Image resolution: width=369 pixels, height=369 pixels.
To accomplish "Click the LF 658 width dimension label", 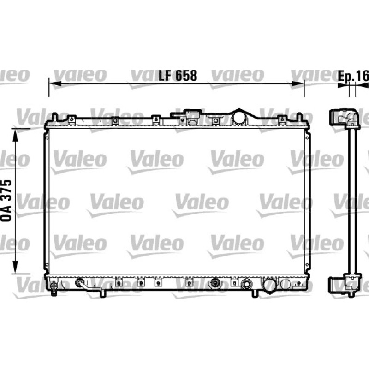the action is tap(178, 76).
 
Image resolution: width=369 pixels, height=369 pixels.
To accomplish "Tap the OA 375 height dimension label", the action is tap(6, 201).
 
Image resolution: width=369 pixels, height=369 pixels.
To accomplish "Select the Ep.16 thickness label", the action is tap(353, 76).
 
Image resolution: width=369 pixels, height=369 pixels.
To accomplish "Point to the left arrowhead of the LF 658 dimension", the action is tap(55, 83).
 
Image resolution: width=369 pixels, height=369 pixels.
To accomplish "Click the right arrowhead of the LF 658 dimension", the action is tap(298, 83).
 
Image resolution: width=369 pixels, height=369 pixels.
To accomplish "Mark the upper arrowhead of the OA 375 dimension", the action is tap(15, 135).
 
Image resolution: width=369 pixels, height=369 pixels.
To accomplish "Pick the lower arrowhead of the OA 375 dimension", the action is tap(15, 268).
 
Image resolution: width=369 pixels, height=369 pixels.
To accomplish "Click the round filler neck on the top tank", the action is tap(239, 118).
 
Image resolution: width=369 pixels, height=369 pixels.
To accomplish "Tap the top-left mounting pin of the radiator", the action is tap(54, 117).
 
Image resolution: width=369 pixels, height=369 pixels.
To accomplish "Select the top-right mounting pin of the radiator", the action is tap(299, 117).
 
